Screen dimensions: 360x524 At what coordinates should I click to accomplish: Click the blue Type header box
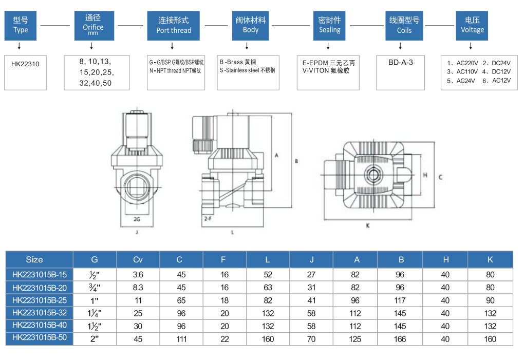(21, 25)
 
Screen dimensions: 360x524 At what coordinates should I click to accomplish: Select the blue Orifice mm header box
(93, 25)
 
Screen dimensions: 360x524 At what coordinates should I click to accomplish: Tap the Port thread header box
(174, 25)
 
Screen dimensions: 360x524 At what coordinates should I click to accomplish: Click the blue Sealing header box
(329, 25)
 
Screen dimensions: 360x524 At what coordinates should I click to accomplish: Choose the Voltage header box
(472, 25)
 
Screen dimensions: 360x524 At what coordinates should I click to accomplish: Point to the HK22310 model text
(25, 64)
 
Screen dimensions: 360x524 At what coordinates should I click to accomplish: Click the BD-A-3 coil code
(400, 62)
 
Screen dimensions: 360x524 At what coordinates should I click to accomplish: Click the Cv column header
(138, 259)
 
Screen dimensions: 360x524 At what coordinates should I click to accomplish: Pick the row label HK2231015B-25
(40, 300)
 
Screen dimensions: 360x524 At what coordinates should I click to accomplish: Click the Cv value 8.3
(138, 288)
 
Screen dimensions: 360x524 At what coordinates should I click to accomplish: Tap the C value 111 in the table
(181, 339)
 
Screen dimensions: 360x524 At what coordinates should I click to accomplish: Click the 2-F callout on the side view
(208, 219)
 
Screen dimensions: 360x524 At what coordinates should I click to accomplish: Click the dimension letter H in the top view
(425, 175)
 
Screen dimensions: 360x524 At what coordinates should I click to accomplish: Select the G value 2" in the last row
(95, 339)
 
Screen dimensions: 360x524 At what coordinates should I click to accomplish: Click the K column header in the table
(490, 259)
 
